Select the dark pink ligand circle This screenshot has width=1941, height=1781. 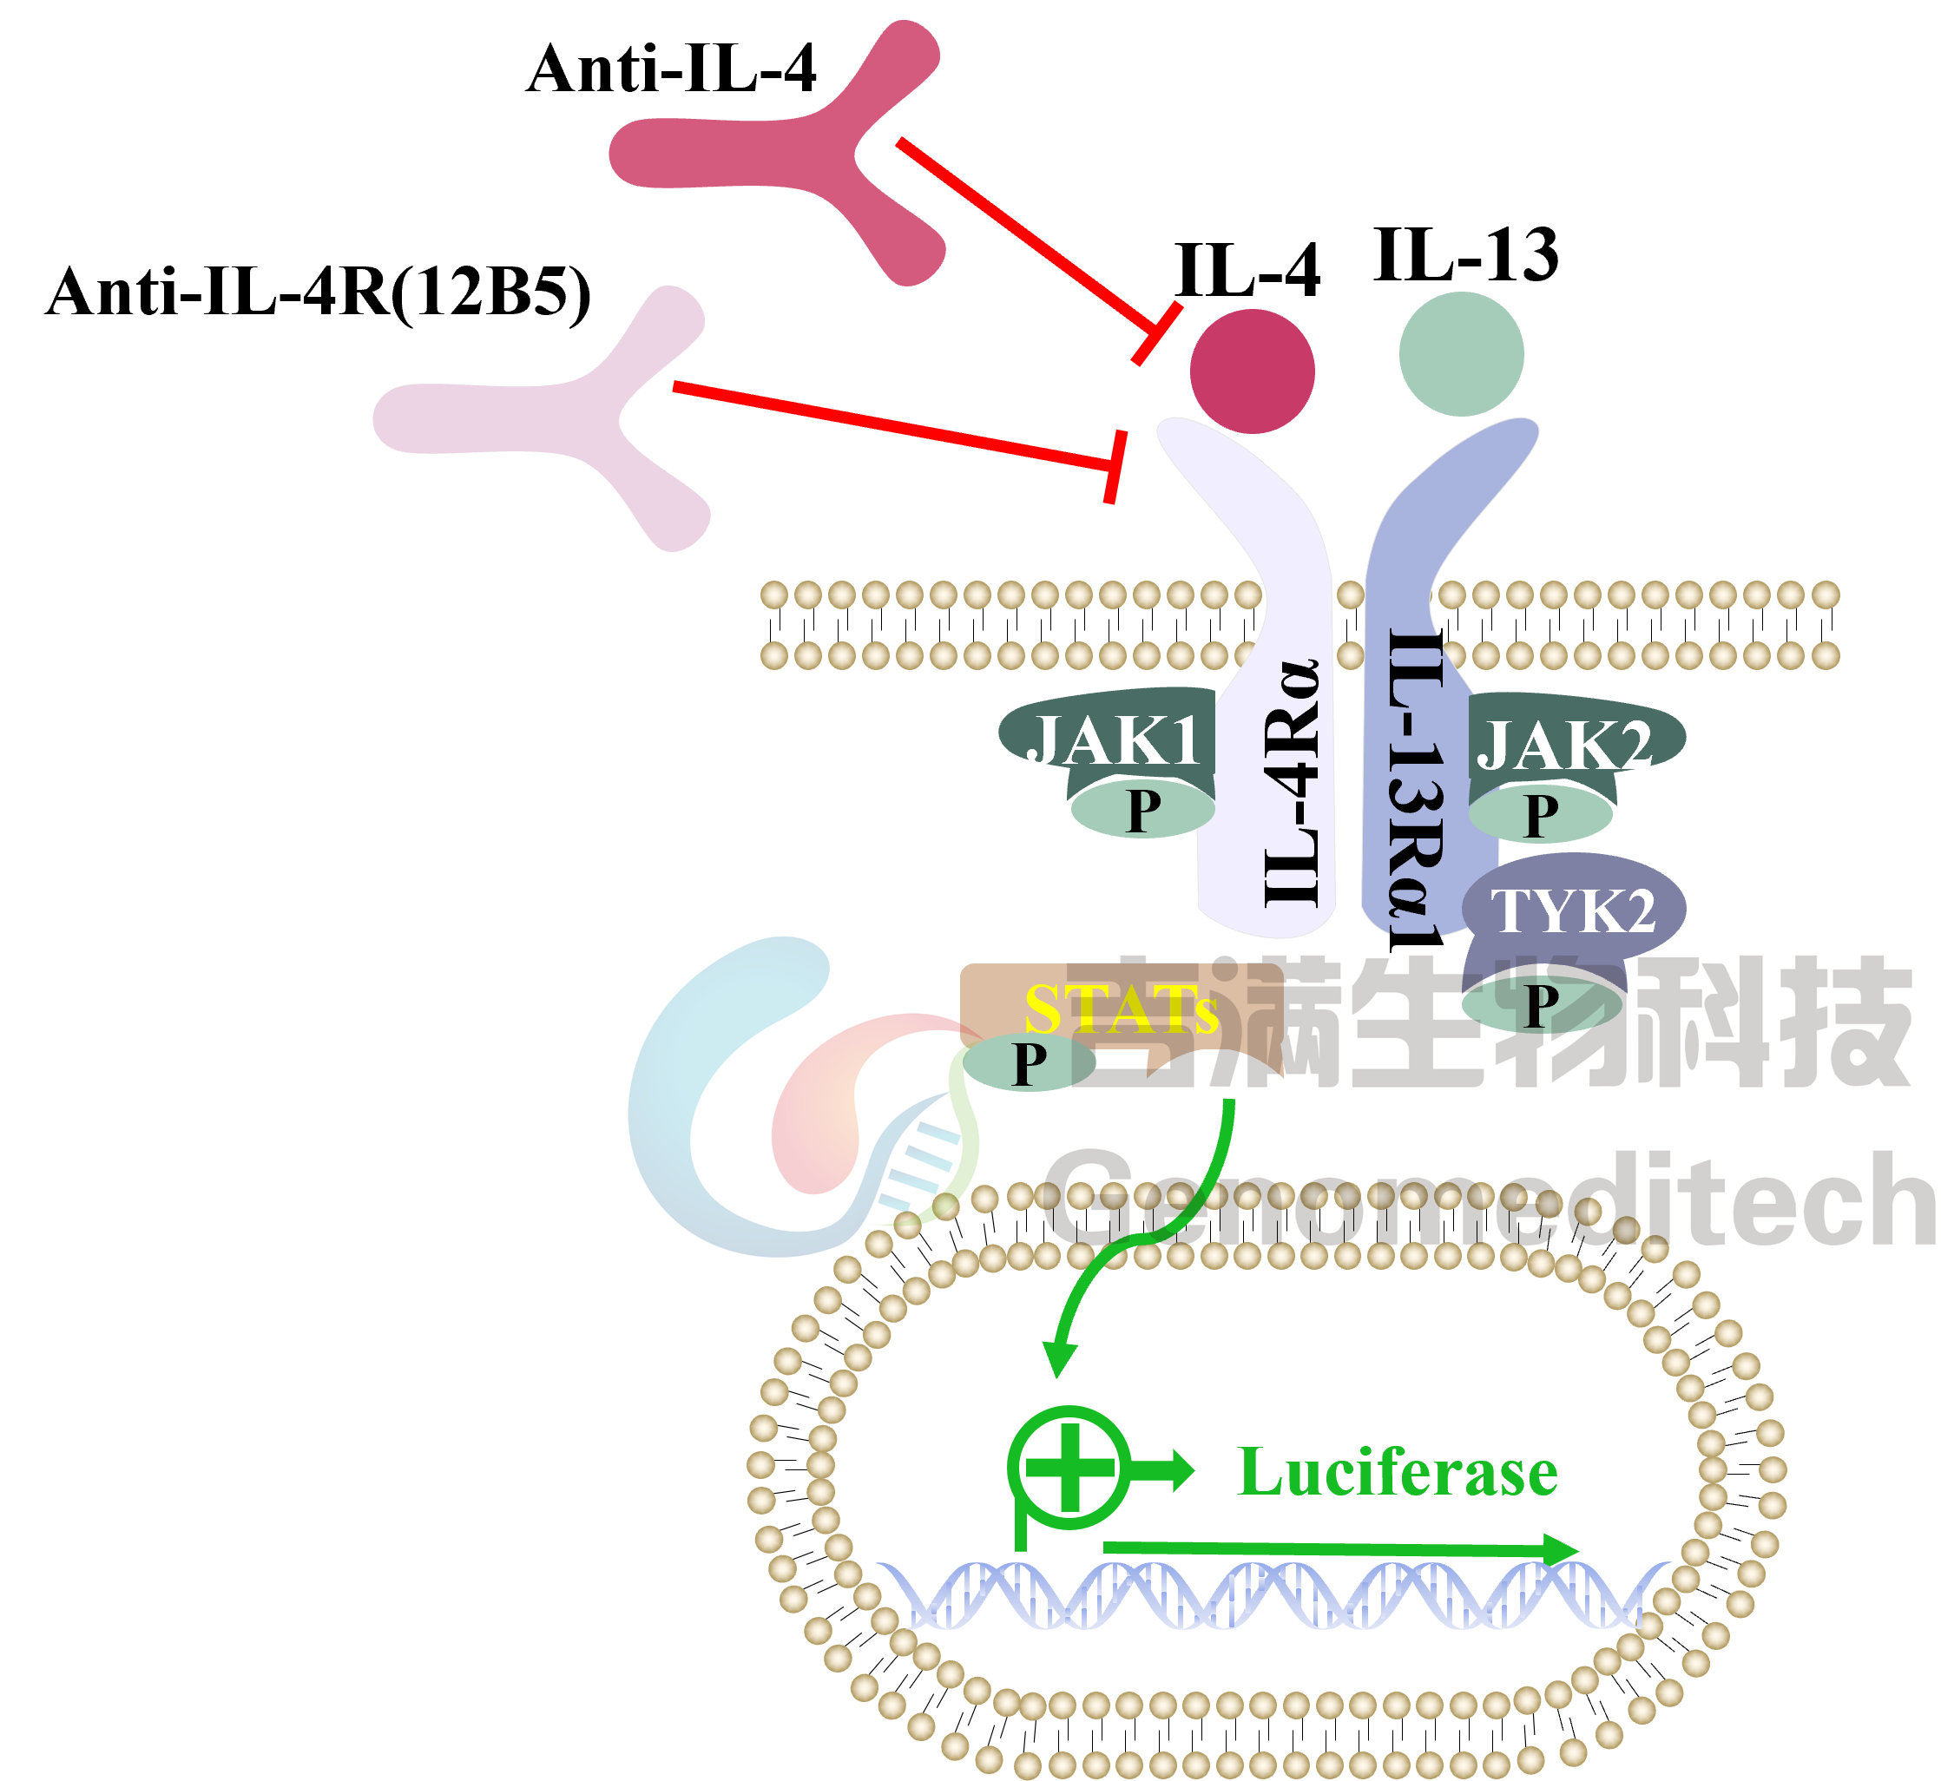coord(1252,371)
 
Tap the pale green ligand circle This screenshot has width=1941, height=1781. coord(1461,354)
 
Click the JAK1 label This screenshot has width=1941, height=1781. coord(1113,740)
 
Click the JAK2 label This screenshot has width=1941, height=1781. coord(1563,744)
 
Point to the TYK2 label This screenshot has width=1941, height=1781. coord(1573,910)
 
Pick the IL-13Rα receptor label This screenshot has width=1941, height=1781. coord(1415,776)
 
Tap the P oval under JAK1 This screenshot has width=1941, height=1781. coord(1143,810)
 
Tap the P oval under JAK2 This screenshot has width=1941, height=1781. coord(1540,815)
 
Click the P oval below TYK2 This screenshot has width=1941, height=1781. coord(1541,1005)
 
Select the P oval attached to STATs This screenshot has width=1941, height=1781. coord(1030,1064)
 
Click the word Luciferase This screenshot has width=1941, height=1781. coord(1397,1473)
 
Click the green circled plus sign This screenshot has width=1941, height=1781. coord(1069,1468)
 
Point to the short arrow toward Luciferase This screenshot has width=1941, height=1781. coord(1165,1469)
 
